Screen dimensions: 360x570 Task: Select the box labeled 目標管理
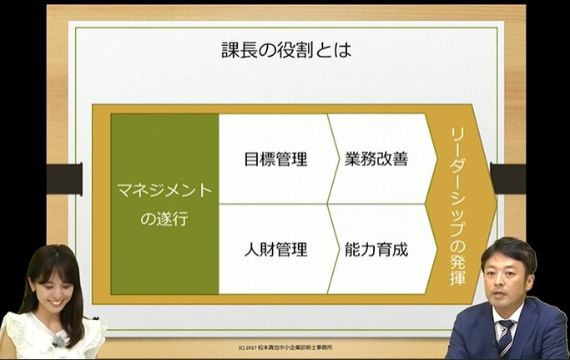click(275, 159)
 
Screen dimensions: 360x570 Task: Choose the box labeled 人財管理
click(275, 249)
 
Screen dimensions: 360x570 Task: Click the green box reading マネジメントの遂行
click(164, 203)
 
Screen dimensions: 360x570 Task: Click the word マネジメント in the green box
click(164, 190)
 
